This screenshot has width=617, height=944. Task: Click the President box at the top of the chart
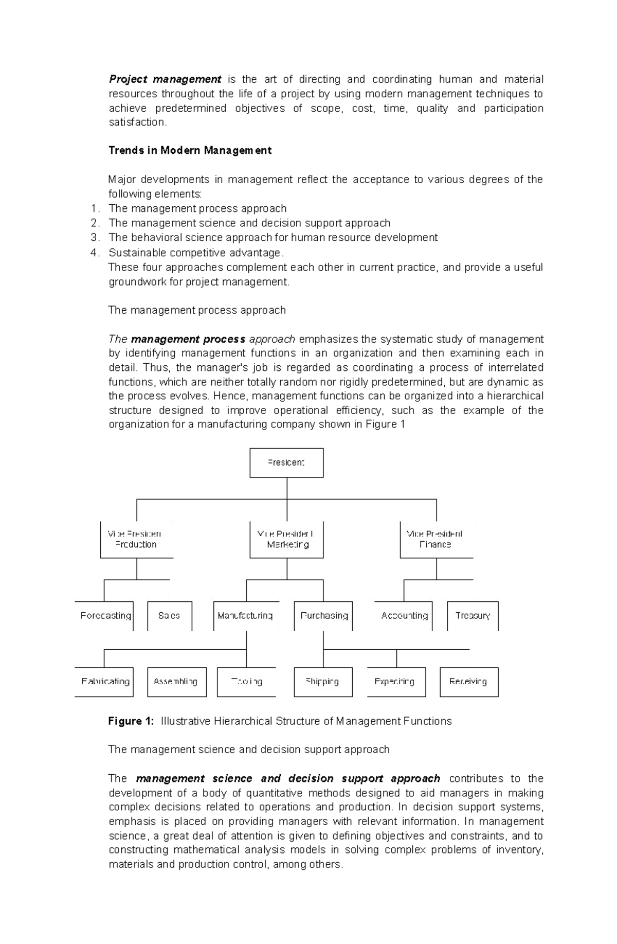click(x=286, y=462)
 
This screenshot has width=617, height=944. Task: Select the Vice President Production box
click(x=136, y=539)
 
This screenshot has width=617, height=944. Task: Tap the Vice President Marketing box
click(x=286, y=539)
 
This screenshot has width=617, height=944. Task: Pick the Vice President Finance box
click(x=435, y=539)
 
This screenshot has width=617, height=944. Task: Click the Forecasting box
click(x=105, y=616)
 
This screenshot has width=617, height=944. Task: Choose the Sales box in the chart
click(x=169, y=616)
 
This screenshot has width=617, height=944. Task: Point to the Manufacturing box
click(x=246, y=616)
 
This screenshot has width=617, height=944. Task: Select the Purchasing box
click(x=323, y=616)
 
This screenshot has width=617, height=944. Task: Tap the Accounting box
click(x=404, y=616)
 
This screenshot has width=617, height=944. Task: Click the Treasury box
click(x=473, y=616)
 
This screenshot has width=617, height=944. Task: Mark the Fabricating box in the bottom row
click(x=105, y=682)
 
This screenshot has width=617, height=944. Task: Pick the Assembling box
click(x=176, y=682)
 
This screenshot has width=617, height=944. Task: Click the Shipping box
click(x=323, y=682)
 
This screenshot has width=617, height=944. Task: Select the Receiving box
click(x=469, y=682)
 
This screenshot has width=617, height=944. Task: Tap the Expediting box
click(x=396, y=682)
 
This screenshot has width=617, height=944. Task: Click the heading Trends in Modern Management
click(x=190, y=151)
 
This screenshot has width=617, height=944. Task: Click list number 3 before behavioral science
click(x=94, y=238)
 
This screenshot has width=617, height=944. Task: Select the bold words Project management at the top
click(x=165, y=79)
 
